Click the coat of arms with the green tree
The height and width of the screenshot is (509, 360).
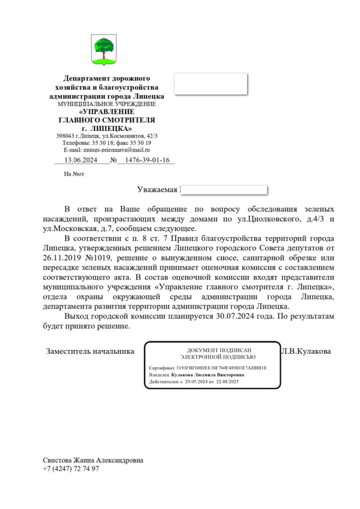pyautogui.click(x=105, y=49)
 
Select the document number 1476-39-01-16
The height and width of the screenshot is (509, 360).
pyautogui.click(x=147, y=160)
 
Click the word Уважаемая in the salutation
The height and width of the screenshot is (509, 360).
pyautogui.click(x=157, y=190)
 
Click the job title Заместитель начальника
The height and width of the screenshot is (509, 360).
pyautogui.click(x=90, y=351)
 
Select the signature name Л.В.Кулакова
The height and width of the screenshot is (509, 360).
pyautogui.click(x=306, y=351)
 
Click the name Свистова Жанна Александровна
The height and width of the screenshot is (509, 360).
pyautogui.click(x=93, y=460)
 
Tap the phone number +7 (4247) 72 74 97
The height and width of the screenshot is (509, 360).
pyautogui.click(x=71, y=469)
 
